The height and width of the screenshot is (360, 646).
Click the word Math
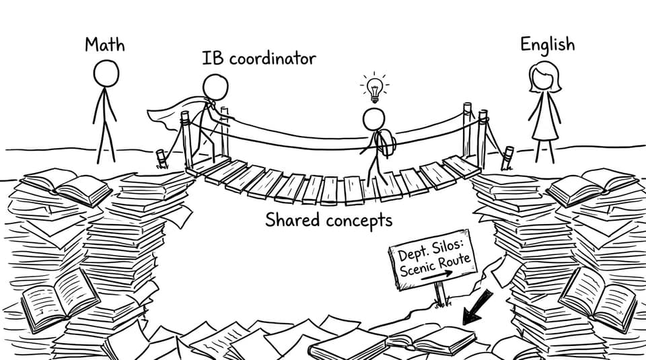coord(105,44)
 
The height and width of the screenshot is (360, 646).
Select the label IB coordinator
coord(258,58)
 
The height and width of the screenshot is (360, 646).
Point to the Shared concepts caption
coord(329,220)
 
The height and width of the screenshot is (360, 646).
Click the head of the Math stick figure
coord(106,73)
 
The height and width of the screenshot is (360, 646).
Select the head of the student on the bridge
coord(373,119)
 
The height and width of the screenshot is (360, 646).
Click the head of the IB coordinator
coord(215,87)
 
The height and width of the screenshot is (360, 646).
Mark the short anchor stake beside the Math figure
coord(161,159)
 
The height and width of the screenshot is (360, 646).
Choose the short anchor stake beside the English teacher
coord(507,157)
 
